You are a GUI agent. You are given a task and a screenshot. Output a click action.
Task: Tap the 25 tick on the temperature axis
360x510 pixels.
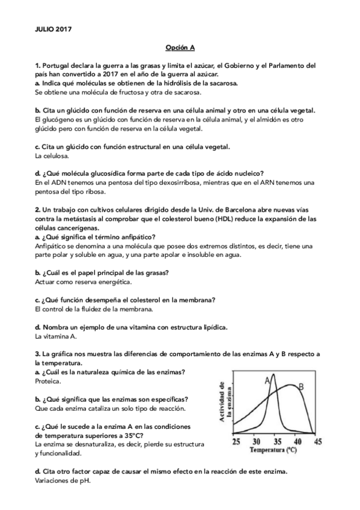pos(237,440)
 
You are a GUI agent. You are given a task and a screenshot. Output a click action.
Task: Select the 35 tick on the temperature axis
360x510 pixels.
pos(276,440)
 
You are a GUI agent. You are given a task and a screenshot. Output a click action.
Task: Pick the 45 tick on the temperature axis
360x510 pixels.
pos(317,440)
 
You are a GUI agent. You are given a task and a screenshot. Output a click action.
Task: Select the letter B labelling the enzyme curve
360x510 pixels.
pos(302,386)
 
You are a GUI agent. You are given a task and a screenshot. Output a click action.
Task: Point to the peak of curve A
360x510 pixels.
pos(274,375)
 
